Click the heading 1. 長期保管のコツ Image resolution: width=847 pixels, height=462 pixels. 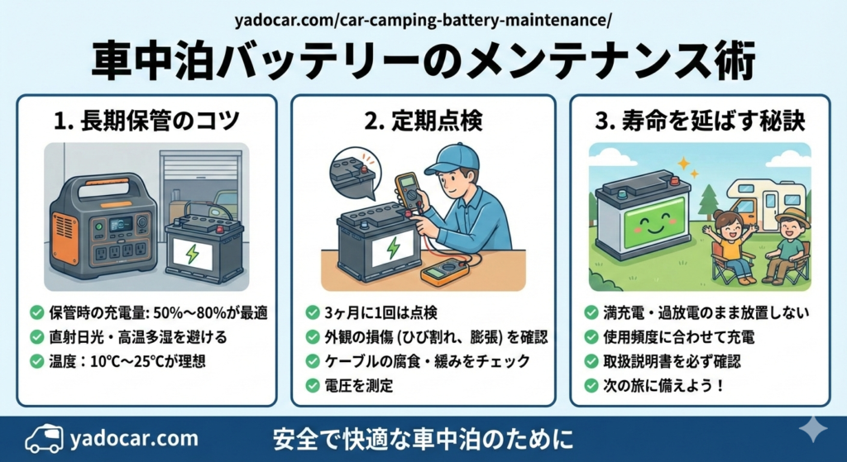click(x=146, y=121)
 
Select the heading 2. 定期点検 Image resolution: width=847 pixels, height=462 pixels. click(x=423, y=121)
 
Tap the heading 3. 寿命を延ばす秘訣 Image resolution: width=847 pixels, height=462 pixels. click(x=699, y=121)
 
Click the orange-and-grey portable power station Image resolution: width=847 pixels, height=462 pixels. click(x=103, y=225)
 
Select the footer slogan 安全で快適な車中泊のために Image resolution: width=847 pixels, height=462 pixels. click(x=423, y=438)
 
